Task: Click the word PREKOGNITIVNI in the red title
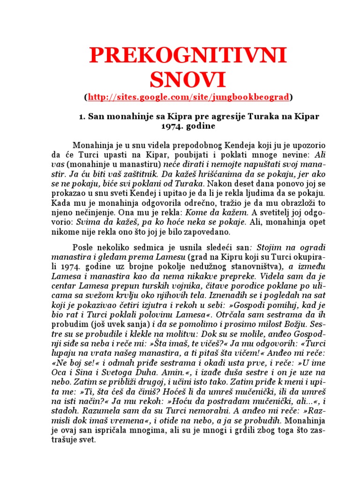point(187,56)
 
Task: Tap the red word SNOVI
point(187,79)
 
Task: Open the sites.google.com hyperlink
point(188,97)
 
